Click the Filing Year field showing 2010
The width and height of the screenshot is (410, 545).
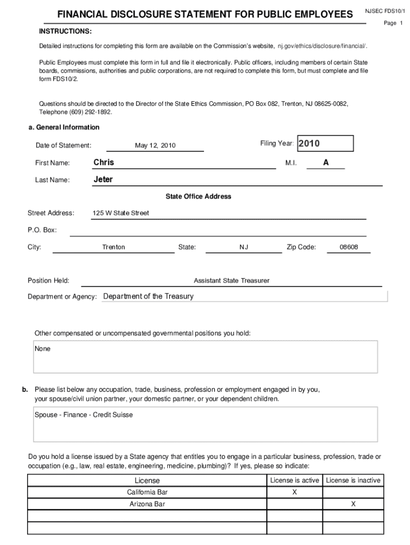tap(325, 144)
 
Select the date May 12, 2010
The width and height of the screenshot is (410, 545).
tap(155, 146)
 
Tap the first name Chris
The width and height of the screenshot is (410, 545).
tap(104, 162)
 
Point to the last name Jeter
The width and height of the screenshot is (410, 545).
tap(103, 179)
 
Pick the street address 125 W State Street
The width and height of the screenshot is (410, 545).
tap(121, 213)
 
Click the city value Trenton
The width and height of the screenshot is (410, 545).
tap(113, 247)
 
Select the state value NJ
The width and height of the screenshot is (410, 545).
tap(244, 247)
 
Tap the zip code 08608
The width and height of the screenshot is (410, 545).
tap(349, 247)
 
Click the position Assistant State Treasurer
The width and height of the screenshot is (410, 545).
tap(232, 280)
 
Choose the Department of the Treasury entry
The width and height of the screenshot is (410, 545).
tap(148, 296)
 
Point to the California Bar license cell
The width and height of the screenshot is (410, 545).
tap(147, 492)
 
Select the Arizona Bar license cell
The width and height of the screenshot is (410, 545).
tap(147, 503)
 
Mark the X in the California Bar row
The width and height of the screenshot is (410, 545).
tap(294, 492)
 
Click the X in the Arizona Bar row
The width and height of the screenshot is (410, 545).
tap(353, 503)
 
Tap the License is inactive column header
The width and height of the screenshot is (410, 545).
tap(353, 480)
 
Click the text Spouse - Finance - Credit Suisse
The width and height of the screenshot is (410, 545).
tap(84, 415)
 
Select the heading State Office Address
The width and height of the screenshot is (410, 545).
tap(198, 196)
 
